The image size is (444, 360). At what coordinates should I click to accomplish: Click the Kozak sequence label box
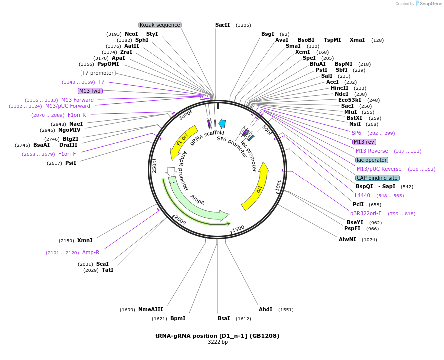pyautogui.click(x=160, y=25)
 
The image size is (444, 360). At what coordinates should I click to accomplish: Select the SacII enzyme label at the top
pyautogui.click(x=222, y=25)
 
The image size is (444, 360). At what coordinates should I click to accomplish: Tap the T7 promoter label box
pyautogui.click(x=98, y=73)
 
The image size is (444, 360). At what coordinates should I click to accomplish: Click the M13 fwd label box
pyautogui.click(x=90, y=91)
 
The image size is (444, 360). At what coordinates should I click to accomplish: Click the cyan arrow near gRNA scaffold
pyautogui.click(x=222, y=123)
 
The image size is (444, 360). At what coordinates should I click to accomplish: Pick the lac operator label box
pyautogui.click(x=372, y=160)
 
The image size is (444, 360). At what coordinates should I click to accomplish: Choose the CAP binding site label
pyautogui.click(x=377, y=178)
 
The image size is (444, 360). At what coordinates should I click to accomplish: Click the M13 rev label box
pyautogui.click(x=364, y=142)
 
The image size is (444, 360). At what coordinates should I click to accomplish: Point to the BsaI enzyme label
pyautogui.click(x=224, y=318)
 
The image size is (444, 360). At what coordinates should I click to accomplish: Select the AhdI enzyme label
pyautogui.click(x=265, y=309)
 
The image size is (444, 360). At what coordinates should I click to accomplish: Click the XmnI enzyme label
pyautogui.click(x=84, y=240)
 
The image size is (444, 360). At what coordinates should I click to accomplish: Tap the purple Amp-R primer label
pyautogui.click(x=91, y=252)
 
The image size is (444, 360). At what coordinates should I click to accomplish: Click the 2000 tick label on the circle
pyautogui.click(x=180, y=221)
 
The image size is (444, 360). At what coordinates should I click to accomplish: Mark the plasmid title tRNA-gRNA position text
pyautogui.click(x=217, y=336)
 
